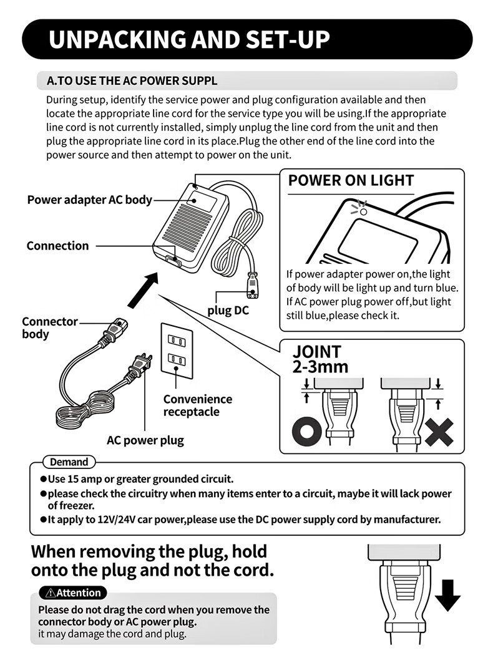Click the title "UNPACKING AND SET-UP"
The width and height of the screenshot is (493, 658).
click(x=189, y=39)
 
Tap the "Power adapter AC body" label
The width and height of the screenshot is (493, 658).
click(x=89, y=200)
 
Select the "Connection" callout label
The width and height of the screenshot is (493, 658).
click(x=57, y=246)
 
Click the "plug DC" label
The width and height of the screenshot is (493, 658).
click(x=228, y=310)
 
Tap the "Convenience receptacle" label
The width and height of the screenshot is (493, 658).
click(x=197, y=405)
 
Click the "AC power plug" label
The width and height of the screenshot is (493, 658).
click(x=145, y=440)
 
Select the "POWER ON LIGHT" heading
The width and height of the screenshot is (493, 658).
click(x=351, y=181)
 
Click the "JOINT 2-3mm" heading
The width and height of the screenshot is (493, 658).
click(x=320, y=359)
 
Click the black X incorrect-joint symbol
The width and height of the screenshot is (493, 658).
click(x=439, y=431)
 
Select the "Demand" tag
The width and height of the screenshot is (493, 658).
click(x=69, y=462)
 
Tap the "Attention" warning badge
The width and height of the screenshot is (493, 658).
click(x=72, y=593)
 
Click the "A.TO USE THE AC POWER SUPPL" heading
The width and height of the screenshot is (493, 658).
click(x=132, y=81)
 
